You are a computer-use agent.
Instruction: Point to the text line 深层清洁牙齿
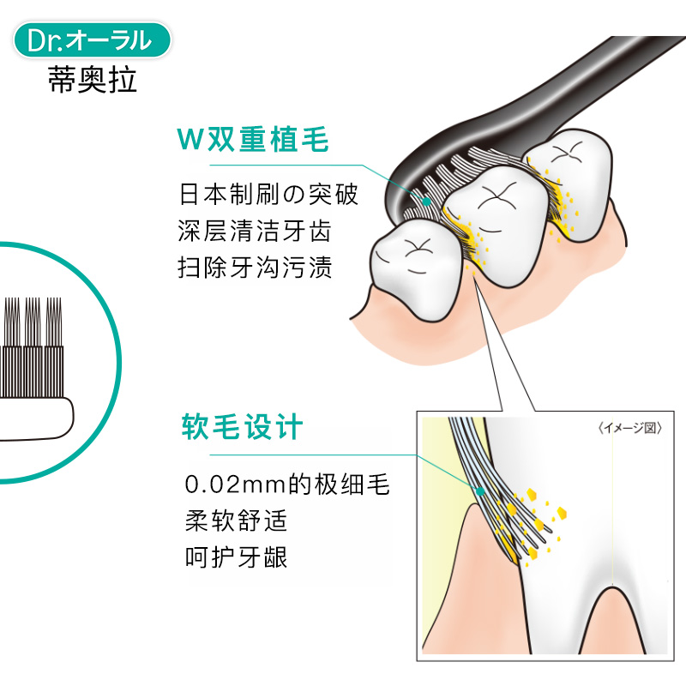click(x=256, y=231)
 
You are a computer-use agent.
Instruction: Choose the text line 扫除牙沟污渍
click(x=256, y=268)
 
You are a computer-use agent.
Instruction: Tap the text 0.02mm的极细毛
click(x=287, y=485)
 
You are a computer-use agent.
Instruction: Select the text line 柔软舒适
click(x=236, y=521)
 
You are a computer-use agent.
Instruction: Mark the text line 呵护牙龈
click(x=236, y=557)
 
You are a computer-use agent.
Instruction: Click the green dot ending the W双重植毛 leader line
click(x=425, y=196)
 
